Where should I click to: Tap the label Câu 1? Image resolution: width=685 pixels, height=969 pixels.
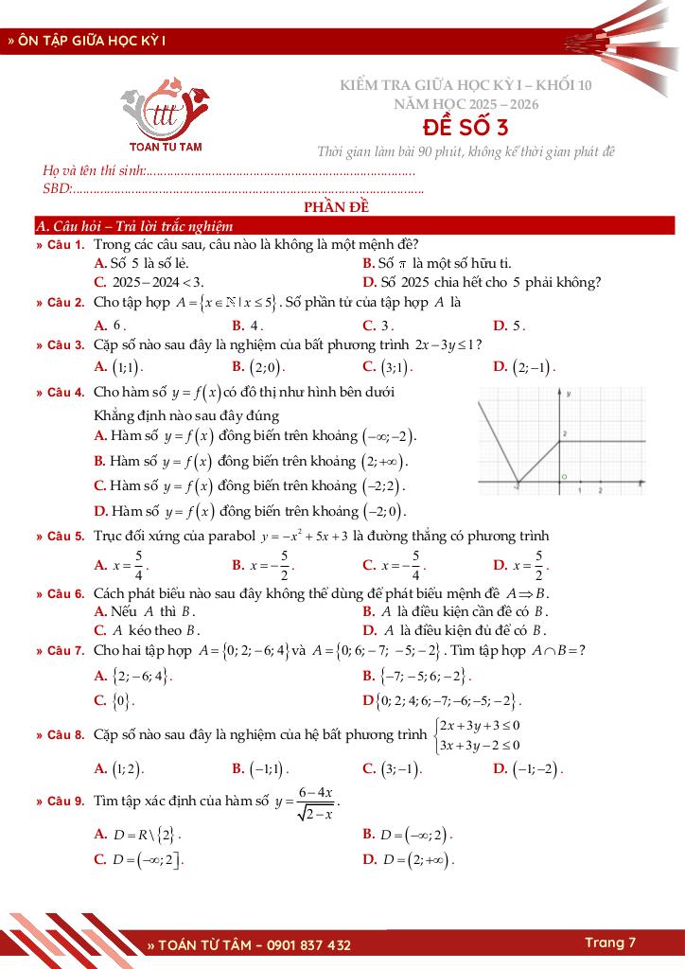pos(66,244)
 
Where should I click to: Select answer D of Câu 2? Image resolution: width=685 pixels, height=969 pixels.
pos(510,326)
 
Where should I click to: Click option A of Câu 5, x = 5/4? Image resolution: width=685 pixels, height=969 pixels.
pos(122,565)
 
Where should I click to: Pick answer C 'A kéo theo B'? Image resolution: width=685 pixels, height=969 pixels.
pos(148,629)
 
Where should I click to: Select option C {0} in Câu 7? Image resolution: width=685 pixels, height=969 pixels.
pos(114,701)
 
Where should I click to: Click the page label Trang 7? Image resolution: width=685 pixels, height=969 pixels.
pos(609,943)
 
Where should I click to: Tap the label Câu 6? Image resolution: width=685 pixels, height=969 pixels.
pos(66,594)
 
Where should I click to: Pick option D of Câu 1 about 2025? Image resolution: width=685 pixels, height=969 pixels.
pos(482,282)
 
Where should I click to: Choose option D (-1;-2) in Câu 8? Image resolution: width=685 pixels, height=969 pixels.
pos(529,768)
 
